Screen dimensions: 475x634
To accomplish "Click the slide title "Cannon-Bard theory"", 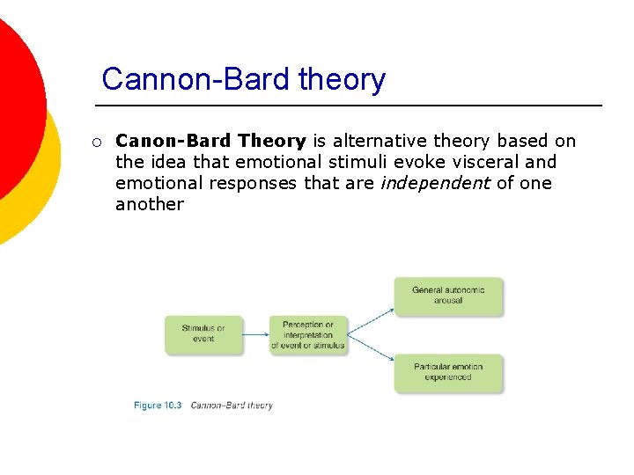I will click(x=243, y=80).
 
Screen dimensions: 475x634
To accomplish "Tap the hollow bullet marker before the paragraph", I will click(x=96, y=142).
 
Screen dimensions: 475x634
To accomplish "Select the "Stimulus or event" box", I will click(x=203, y=334).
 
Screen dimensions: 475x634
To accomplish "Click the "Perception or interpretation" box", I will click(x=308, y=335).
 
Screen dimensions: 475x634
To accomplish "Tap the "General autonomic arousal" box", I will click(x=448, y=296).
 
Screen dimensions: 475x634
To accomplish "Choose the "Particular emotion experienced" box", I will click(x=448, y=372).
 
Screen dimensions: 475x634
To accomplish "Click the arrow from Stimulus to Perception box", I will click(x=256, y=334).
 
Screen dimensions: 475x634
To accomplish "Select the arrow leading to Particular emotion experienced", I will click(x=370, y=348).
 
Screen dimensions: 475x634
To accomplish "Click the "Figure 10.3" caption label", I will click(x=158, y=406).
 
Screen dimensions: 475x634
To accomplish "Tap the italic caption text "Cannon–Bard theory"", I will click(x=232, y=406).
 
